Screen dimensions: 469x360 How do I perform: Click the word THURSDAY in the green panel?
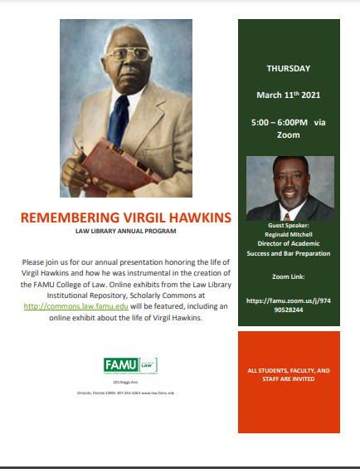(288, 68)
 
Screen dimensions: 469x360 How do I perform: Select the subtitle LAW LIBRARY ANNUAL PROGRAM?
(125, 232)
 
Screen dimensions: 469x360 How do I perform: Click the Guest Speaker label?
(288, 226)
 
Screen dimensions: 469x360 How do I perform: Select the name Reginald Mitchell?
(288, 234)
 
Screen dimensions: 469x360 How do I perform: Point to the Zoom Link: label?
(288, 275)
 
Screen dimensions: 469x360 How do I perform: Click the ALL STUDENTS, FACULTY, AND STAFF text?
(288, 373)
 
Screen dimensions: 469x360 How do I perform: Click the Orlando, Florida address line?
(124, 392)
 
